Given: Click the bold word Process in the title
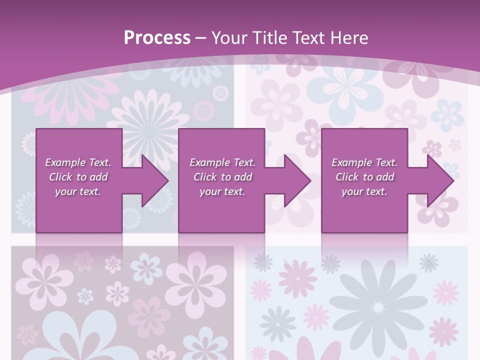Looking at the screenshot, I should coord(157,37).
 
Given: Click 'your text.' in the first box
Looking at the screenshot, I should coord(78,191).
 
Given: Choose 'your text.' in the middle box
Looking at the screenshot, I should coord(222,191).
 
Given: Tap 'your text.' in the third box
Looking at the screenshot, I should coord(364,191).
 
